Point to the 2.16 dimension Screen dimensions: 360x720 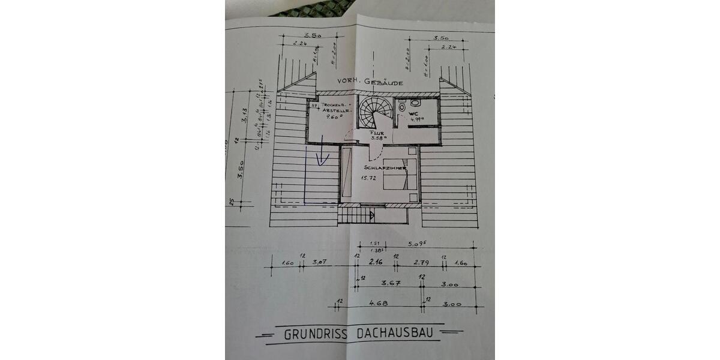[376, 262]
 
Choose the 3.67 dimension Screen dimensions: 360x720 [391, 283]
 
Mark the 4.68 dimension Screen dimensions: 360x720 [378, 304]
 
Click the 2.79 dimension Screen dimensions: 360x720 [419, 263]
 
